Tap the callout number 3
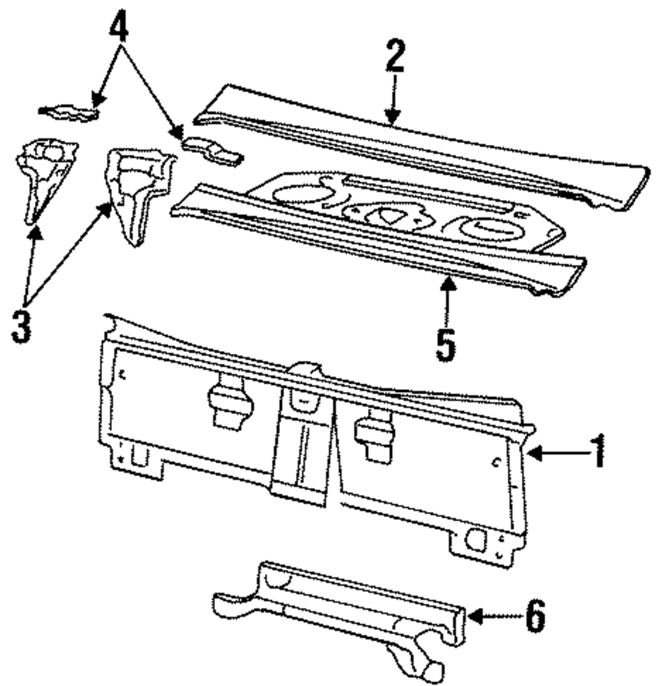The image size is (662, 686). point(23,324)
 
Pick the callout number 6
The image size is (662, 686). point(535,616)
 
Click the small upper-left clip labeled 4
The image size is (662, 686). point(70,113)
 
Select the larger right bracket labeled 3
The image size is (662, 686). point(137,191)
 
